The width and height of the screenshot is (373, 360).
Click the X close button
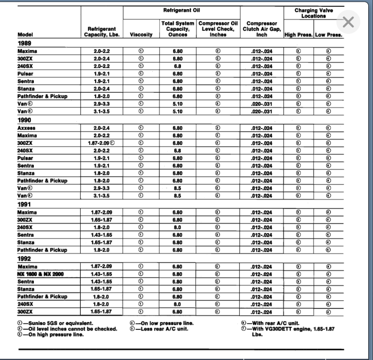tap(348, 23)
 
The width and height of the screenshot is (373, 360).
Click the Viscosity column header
tap(141, 35)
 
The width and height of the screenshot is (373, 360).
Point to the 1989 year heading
tap(24, 44)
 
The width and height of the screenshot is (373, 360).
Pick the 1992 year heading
tap(24, 259)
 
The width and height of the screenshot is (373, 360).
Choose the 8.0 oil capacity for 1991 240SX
tap(177, 227)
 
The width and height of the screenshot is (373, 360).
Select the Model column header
tap(25, 35)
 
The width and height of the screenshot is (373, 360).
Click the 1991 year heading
tap(24, 204)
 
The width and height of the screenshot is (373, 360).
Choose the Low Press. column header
tap(328, 35)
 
